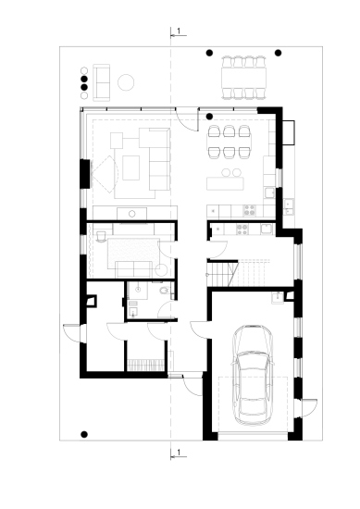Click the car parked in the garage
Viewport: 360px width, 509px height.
click(x=253, y=375)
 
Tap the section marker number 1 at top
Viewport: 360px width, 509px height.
click(x=179, y=31)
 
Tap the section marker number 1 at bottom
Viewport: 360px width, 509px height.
click(x=179, y=452)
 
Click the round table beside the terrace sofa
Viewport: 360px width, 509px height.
click(x=126, y=82)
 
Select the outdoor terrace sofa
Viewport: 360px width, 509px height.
click(x=101, y=82)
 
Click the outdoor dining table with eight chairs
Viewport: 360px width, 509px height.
click(x=243, y=78)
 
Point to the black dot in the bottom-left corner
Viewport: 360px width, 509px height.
click(x=84, y=434)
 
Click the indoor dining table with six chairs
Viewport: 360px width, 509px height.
click(x=230, y=142)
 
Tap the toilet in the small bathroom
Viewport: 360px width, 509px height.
click(x=165, y=291)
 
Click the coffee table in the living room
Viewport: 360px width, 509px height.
click(x=130, y=168)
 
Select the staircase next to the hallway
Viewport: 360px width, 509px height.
click(x=239, y=273)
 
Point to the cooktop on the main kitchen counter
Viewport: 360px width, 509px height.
click(x=249, y=210)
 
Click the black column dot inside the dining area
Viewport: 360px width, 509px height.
click(x=210, y=116)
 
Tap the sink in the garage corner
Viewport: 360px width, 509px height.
click(x=278, y=298)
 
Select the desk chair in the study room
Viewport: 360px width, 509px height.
click(x=101, y=235)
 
